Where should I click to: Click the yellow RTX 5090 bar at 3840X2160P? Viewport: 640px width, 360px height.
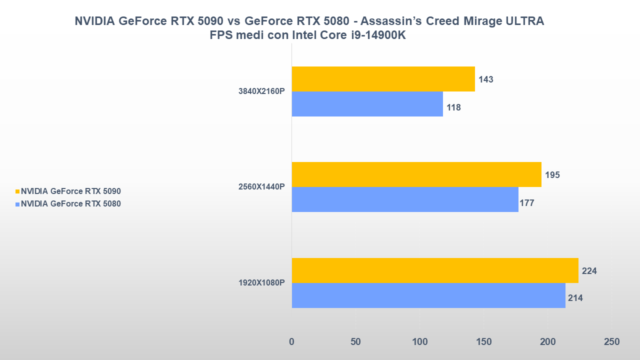click(x=383, y=79)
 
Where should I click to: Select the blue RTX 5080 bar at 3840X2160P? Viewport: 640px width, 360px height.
click(x=367, y=104)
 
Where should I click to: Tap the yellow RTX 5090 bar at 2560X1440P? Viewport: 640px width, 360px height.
click(x=416, y=174)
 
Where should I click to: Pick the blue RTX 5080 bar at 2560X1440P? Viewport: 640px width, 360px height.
click(x=404, y=199)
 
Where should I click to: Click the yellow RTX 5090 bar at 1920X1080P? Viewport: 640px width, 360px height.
click(x=434, y=270)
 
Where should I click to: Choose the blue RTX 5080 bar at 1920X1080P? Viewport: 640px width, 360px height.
click(x=428, y=295)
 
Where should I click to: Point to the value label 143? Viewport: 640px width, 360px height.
click(x=485, y=79)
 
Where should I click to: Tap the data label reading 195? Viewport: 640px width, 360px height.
click(x=552, y=175)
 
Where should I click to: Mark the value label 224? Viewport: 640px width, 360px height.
click(x=589, y=271)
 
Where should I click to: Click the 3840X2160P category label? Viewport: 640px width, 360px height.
click(x=261, y=91)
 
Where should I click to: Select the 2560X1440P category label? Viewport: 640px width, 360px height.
click(x=261, y=187)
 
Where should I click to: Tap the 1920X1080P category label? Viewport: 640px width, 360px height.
click(x=261, y=283)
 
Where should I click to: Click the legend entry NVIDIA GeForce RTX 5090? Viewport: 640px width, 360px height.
click(x=70, y=191)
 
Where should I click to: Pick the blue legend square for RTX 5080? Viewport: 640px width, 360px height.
click(x=17, y=204)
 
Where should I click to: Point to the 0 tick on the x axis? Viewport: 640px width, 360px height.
click(x=291, y=342)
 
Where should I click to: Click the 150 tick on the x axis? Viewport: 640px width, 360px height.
click(x=483, y=342)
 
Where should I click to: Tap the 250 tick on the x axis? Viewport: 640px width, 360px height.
click(x=611, y=342)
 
